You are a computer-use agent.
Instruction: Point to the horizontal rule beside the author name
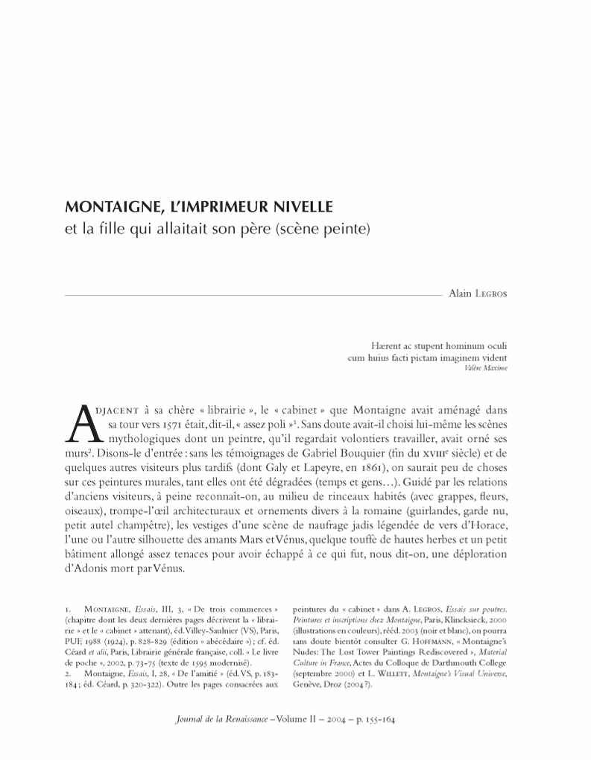(x=253, y=296)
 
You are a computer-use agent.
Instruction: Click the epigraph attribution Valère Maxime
(x=486, y=368)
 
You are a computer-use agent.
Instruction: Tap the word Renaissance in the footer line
(x=239, y=721)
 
